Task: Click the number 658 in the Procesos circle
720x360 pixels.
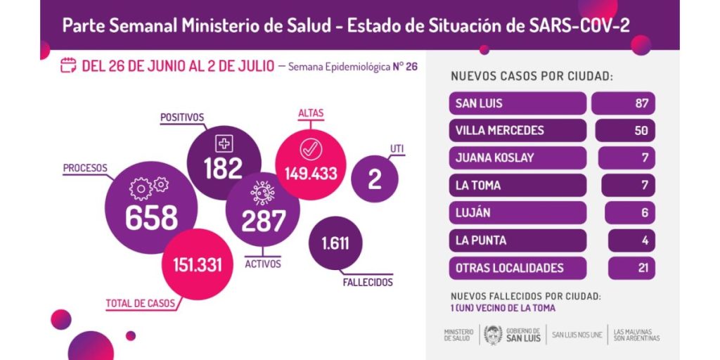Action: click(x=151, y=217)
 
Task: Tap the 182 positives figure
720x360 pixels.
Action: click(x=223, y=169)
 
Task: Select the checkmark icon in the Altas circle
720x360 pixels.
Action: click(x=311, y=149)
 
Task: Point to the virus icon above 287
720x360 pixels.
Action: click(x=263, y=193)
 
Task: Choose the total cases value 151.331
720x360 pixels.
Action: click(x=198, y=265)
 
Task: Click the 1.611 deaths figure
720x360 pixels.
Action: click(x=335, y=243)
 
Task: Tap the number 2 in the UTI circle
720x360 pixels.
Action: click(x=374, y=179)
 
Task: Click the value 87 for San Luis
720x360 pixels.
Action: click(x=641, y=103)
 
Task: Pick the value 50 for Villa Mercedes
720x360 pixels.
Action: click(x=641, y=130)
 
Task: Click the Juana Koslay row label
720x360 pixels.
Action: click(x=494, y=158)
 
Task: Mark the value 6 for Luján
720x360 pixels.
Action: click(x=645, y=213)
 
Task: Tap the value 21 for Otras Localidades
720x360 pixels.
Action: click(x=643, y=268)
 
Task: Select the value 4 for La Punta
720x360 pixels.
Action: click(x=645, y=240)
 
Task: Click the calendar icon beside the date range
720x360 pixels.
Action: click(x=68, y=65)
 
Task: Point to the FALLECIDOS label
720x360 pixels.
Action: click(x=368, y=282)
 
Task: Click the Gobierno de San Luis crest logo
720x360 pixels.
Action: click(x=493, y=335)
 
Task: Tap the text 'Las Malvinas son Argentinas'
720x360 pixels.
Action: click(x=636, y=335)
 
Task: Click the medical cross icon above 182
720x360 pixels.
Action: click(x=224, y=143)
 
